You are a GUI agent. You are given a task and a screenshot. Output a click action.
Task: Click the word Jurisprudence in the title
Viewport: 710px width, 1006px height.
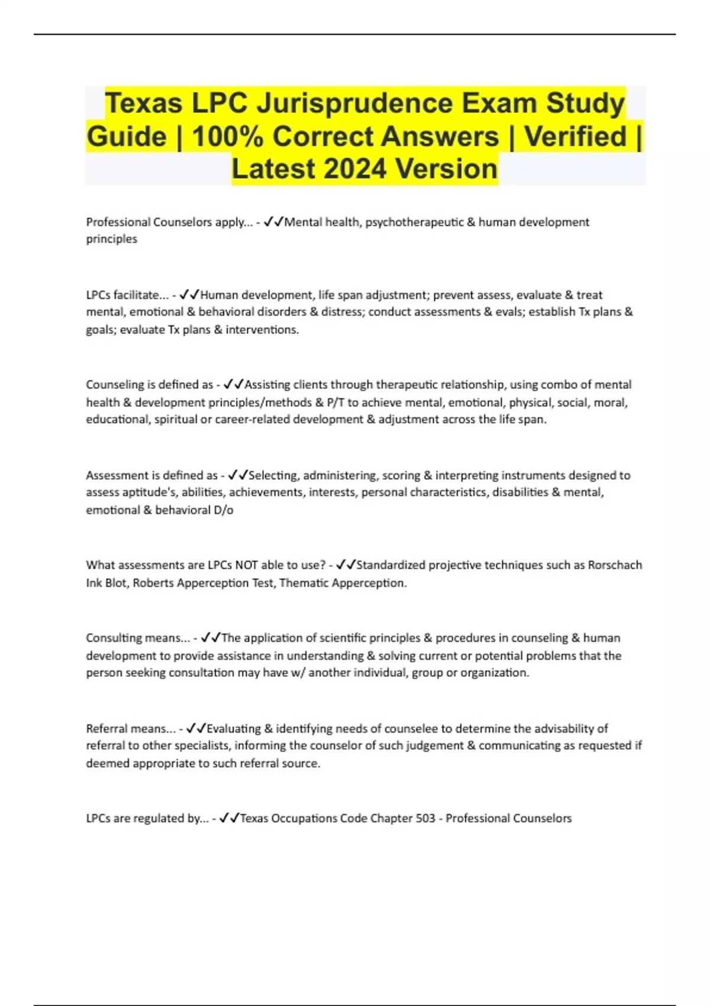[353, 103]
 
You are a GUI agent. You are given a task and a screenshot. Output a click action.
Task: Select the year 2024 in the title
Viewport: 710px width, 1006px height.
[356, 169]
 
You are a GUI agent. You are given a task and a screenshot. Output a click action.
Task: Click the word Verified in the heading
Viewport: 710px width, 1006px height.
[575, 137]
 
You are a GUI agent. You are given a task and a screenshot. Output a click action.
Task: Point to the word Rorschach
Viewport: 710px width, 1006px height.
[614, 565]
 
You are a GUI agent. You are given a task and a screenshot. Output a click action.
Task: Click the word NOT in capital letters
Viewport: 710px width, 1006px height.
[246, 565]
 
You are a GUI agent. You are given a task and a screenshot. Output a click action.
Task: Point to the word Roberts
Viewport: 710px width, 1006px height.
[152, 583]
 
